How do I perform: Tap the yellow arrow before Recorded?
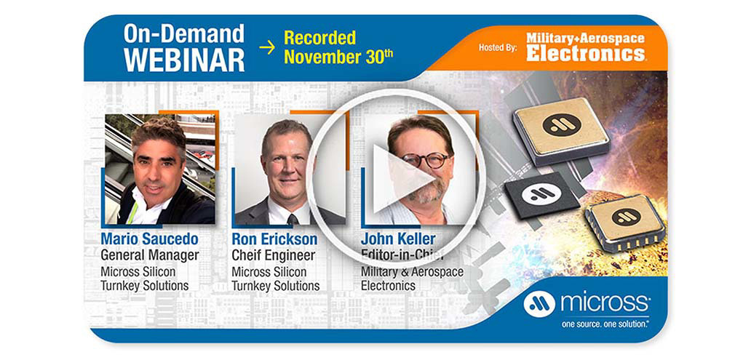coord(267,47)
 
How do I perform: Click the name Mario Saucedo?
coord(150,239)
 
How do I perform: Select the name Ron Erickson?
coord(274,239)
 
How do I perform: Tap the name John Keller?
coord(398,239)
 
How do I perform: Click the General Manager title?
coord(150,255)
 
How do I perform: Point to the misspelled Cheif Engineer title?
coord(274,255)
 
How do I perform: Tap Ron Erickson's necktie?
coord(292,218)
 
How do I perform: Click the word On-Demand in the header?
coord(183,33)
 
